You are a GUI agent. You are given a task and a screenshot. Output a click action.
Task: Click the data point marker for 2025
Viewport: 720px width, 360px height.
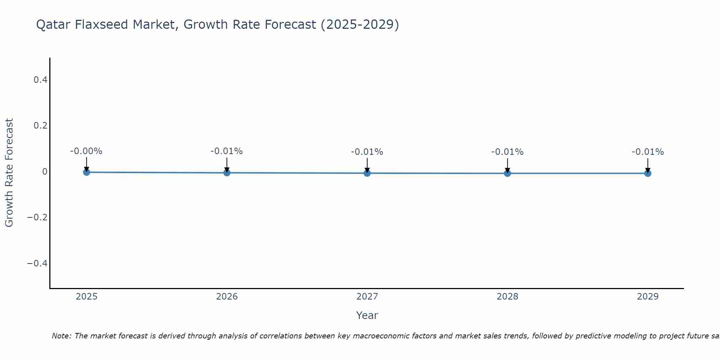[86, 172]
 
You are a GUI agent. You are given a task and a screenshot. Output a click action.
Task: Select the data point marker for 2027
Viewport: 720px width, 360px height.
[367, 173]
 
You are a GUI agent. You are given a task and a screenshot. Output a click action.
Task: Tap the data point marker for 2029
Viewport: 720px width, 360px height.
[648, 173]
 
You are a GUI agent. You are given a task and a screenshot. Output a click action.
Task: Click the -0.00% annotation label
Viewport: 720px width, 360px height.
[86, 151]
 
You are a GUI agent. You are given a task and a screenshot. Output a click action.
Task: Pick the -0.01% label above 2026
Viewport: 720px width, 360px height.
[226, 151]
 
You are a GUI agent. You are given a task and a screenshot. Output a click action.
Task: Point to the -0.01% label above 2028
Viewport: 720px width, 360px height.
[507, 152]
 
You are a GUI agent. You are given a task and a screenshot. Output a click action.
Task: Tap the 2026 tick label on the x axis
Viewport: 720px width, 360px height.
[227, 297]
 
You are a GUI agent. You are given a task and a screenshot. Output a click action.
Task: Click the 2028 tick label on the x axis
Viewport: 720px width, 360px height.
[507, 297]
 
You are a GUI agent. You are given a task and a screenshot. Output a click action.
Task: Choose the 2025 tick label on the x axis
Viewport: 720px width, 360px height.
[86, 297]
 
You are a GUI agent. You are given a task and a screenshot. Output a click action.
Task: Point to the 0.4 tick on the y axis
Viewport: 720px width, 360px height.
[40, 80]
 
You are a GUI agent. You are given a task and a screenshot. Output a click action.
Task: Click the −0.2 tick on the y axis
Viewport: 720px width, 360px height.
[37, 217]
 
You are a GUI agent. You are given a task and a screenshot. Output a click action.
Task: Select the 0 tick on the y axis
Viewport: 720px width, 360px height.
[45, 172]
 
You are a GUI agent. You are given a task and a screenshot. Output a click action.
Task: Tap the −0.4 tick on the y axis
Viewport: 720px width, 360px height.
[37, 264]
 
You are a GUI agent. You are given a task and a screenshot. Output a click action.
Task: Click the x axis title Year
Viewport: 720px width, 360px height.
[367, 315]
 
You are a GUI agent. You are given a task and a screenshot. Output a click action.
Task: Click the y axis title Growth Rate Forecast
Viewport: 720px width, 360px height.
[9, 173]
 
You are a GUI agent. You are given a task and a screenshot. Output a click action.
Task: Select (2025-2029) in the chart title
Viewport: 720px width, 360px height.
[360, 24]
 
